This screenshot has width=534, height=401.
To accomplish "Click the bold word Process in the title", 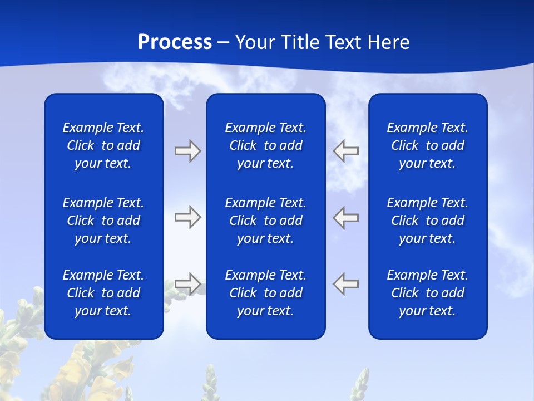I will coord(175,42).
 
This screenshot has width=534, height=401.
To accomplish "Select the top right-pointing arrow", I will coord(187,151).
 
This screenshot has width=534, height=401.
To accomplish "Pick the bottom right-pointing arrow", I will coord(187,283).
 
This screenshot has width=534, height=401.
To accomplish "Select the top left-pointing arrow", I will coord(346,151).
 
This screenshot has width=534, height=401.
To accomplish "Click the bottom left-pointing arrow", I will coord(346,283).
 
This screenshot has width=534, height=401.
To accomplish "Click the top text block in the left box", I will coord(103,145).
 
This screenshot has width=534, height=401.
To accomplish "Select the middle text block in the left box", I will coord(103,221).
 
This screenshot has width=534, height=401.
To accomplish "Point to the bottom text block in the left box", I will coord(103,293).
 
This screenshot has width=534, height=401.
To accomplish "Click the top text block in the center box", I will coord(266,145).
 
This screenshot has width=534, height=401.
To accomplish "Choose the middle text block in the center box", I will coord(266,221).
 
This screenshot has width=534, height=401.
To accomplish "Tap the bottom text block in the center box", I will coord(266,293).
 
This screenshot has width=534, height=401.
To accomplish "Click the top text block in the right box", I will coord(428,145).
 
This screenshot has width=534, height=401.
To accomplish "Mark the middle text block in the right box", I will coord(428,221).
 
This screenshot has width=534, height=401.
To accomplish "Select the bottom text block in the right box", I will coord(428,293).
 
